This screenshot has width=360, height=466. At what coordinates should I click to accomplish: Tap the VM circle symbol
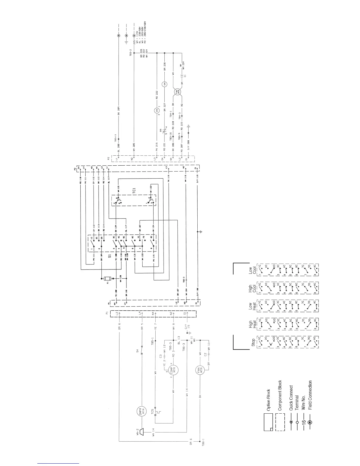point(165,84)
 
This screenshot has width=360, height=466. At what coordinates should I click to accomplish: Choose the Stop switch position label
point(253,343)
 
